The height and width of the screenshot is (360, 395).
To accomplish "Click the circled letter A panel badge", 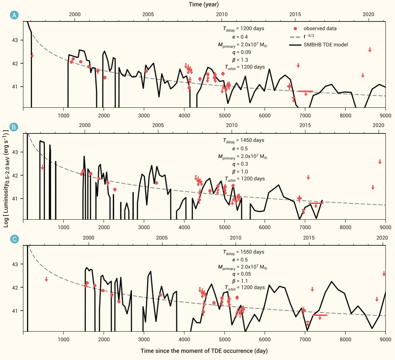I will click(14, 15).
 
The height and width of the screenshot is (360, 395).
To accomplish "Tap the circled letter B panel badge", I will click(14, 127).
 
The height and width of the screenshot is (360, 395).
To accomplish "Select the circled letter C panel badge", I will click(14, 239).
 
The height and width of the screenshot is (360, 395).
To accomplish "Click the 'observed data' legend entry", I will click(320, 29).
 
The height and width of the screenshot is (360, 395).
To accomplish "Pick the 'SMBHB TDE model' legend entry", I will click(325, 45).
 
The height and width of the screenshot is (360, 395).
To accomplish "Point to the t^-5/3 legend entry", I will click(308, 37).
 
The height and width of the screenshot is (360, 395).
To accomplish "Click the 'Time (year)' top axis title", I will click(204, 4).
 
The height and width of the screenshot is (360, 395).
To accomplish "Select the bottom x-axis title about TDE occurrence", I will click(204, 351).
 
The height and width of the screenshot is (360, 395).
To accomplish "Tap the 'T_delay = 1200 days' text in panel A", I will click(243, 29).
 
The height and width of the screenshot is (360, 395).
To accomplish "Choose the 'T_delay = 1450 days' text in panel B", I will click(243, 140).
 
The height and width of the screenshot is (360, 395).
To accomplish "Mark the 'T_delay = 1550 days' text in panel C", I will click(243, 252).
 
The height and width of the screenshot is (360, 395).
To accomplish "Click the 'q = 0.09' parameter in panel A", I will click(241, 52).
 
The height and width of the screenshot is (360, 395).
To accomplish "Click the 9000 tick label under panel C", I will click(385, 339).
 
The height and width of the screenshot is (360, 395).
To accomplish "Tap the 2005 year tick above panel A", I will click(148, 14).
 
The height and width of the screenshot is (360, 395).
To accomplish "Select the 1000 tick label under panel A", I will click(64, 116).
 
